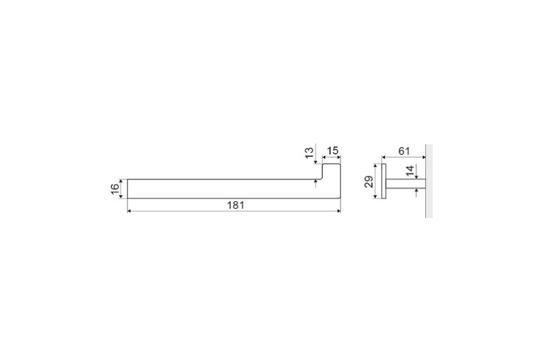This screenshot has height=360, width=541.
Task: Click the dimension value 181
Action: coord(236,205)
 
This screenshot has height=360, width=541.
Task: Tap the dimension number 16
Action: coord(115,189)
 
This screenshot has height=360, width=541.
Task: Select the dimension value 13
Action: coord(309,152)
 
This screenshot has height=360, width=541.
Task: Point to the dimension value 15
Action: coord(333,151)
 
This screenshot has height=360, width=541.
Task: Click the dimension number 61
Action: coord(404,151)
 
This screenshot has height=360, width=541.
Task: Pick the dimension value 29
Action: coord(369,181)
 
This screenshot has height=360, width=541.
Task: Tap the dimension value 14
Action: coord(410,170)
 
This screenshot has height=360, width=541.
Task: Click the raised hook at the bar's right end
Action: coord(331,172)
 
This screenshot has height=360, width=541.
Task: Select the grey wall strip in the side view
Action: coord(429,181)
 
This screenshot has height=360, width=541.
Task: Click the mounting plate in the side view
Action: coord(383,181)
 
